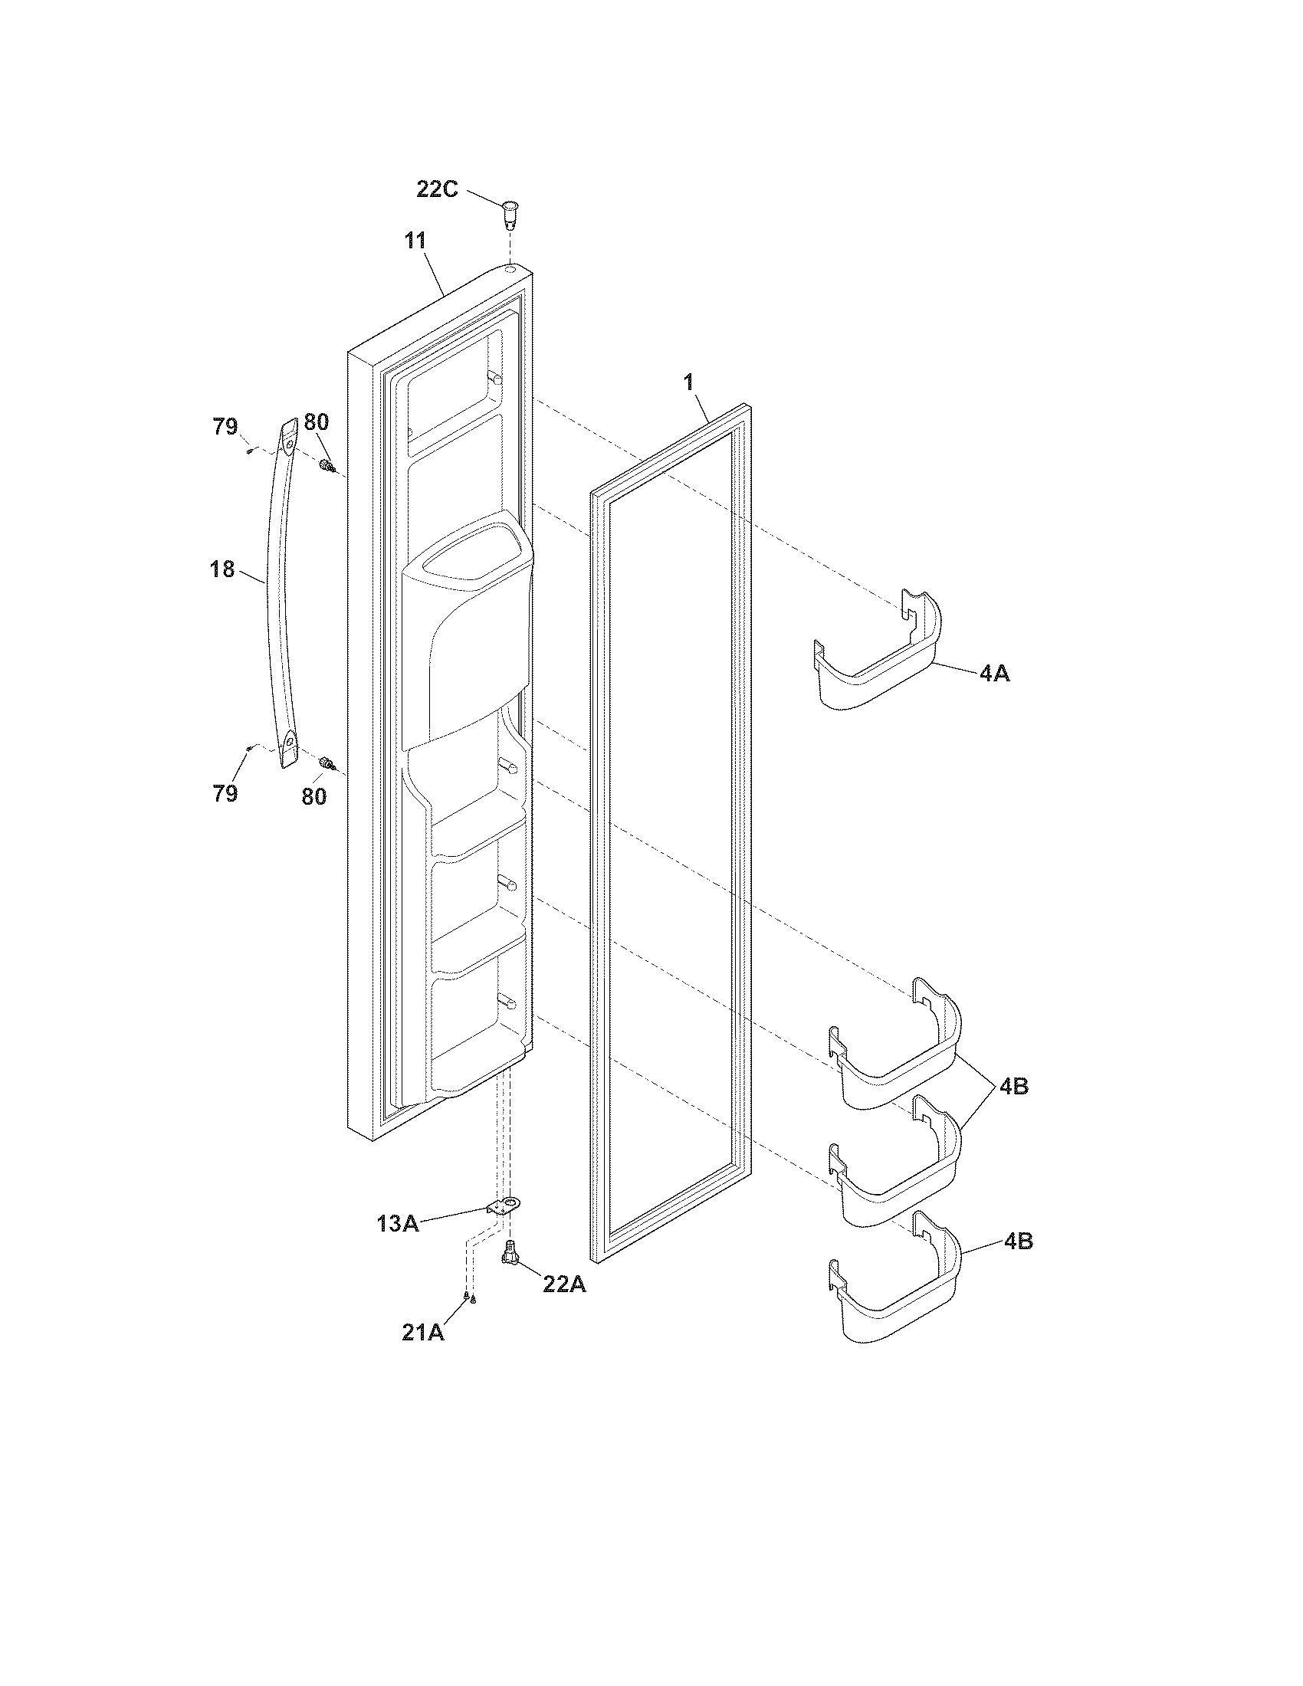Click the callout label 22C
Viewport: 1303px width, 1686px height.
point(437,189)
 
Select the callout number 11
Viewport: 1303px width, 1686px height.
point(415,241)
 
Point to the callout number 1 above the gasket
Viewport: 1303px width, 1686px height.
point(688,382)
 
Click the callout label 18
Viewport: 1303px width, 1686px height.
point(222,569)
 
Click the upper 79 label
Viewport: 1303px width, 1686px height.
point(225,426)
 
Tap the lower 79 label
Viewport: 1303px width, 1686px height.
point(225,794)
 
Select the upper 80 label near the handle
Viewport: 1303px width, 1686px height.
point(316,422)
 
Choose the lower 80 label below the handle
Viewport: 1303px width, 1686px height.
point(313,797)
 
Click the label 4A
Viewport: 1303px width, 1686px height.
point(994,674)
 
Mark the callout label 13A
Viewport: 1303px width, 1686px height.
point(398,1224)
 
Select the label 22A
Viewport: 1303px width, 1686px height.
point(564,1284)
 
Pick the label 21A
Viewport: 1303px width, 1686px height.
point(423,1333)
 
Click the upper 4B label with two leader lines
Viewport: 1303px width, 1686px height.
point(1013,1086)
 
